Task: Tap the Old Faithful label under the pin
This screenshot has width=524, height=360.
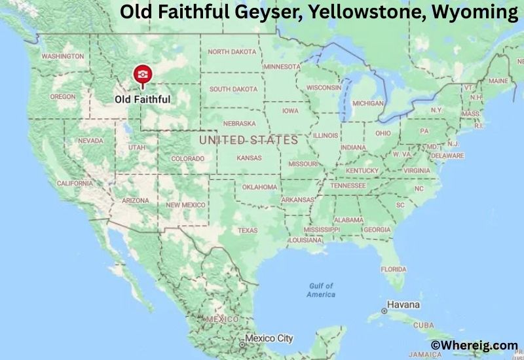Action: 142,99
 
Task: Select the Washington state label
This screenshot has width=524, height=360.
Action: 63,56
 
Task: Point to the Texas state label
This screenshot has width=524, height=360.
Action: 248,230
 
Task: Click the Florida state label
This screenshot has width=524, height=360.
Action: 393,269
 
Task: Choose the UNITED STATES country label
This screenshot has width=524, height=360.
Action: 248,140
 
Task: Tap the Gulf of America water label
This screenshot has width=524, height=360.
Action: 321,290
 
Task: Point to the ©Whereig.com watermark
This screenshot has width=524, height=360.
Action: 474,345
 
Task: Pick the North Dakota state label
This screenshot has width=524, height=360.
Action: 233,52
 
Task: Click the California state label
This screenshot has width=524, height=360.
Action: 75,183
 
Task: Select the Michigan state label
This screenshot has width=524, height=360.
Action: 367,103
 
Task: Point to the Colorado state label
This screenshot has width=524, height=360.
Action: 187,158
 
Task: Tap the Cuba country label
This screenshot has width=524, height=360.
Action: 423,325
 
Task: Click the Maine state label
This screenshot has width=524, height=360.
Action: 498,81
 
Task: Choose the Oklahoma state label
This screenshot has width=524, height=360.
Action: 259,187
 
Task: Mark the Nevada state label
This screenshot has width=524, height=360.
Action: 90,141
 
